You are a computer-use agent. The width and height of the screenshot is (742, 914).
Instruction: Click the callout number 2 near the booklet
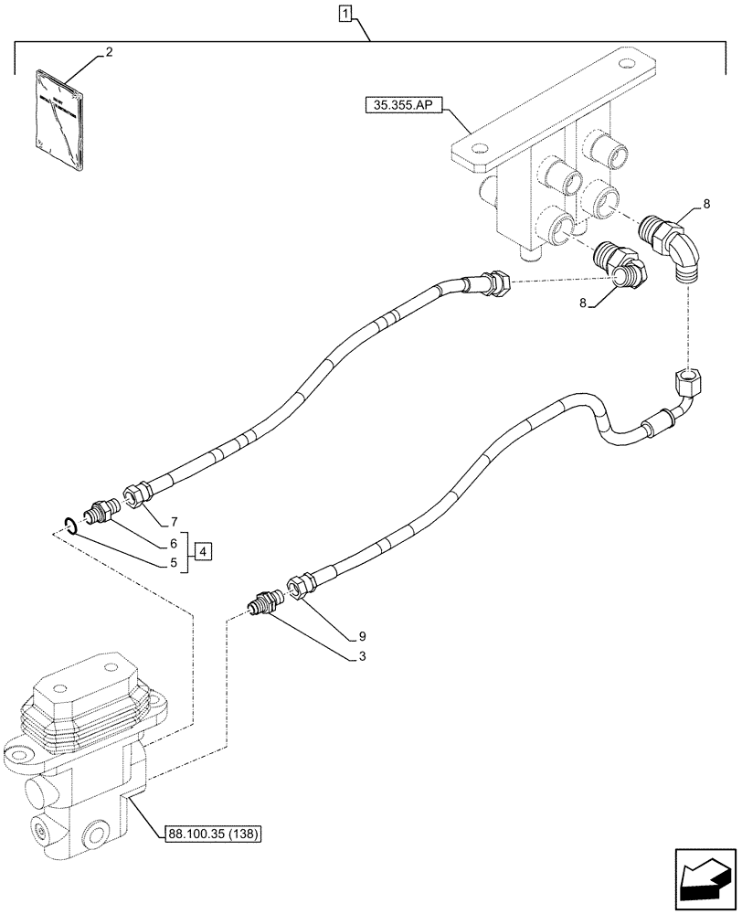coord(109,53)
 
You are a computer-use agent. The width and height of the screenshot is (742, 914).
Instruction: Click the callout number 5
coord(173,564)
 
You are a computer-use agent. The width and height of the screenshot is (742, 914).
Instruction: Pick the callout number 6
coord(173,543)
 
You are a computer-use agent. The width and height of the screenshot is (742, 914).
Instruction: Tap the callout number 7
coord(173,522)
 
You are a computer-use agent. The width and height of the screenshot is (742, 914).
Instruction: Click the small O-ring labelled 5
coord(69,524)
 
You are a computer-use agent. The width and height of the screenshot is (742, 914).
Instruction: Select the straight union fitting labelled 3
coord(266,602)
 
